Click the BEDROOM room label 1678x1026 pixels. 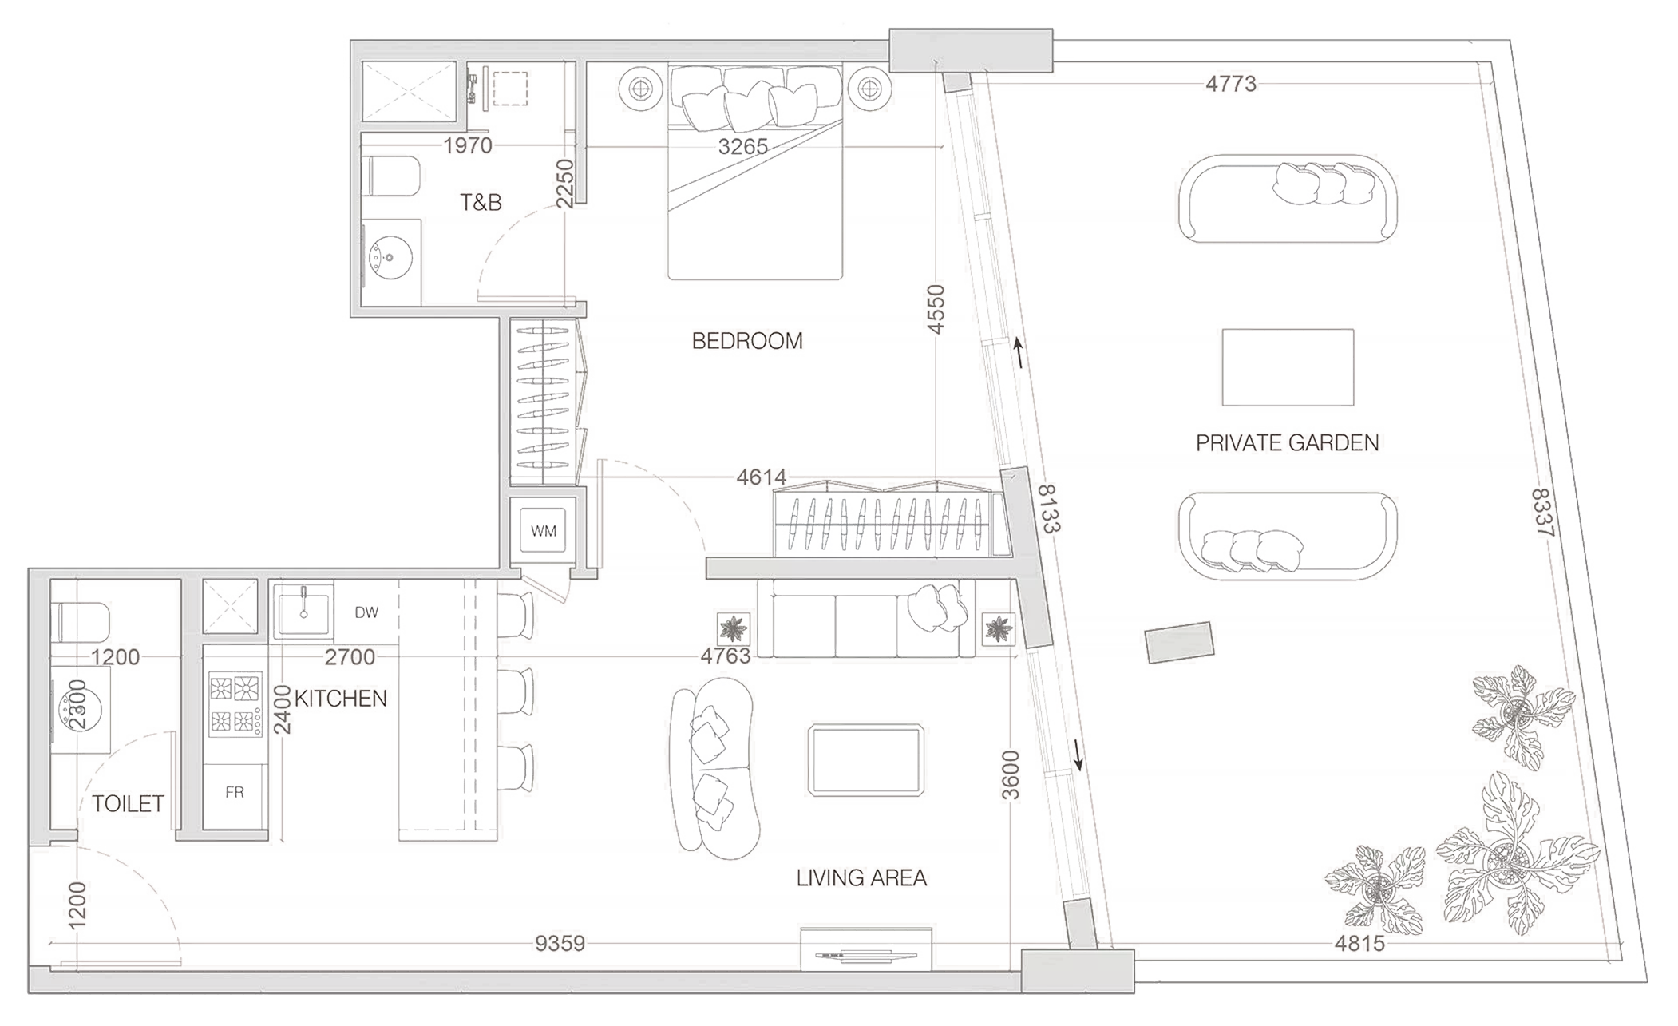[747, 341]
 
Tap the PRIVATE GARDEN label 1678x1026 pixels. [1287, 442]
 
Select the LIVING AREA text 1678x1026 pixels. [861, 878]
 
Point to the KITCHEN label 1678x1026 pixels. [341, 699]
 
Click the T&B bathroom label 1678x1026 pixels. [481, 203]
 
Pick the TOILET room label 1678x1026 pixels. [128, 803]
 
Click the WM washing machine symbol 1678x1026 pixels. [543, 531]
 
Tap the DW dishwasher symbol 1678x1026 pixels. [366, 612]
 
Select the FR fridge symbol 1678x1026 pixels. [234, 793]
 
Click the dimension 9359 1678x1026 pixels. [560, 944]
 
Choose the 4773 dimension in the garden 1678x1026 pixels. [1230, 84]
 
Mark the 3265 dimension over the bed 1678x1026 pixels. [742, 147]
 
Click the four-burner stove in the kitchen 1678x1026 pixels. [235, 703]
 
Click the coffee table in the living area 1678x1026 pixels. [866, 759]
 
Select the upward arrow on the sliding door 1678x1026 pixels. [1018, 351]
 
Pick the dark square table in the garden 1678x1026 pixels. [1287, 367]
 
